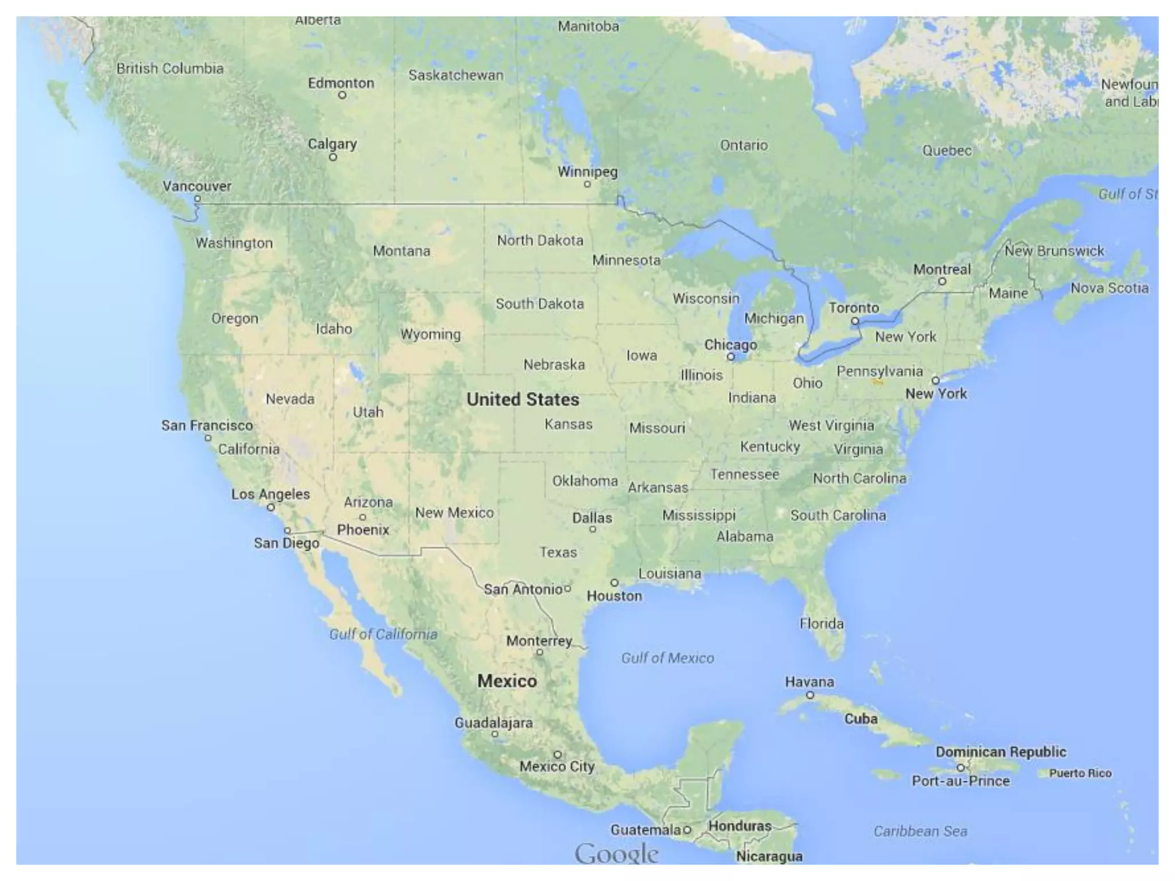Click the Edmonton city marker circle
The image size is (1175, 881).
coord(342,95)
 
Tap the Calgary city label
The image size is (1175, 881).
coord(332,143)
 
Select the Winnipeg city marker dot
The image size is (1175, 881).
coord(587,184)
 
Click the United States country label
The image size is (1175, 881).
coord(523,399)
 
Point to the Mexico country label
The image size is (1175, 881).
coord(507,681)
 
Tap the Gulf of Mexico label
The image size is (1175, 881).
coord(667,658)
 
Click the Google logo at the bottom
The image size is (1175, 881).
coord(616,854)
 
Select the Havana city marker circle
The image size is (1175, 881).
coord(810,695)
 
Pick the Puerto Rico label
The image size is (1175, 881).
coord(1080,773)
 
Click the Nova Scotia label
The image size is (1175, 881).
coord(1110,288)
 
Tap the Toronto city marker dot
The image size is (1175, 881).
coord(855,321)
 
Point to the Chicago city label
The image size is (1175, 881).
coord(730,345)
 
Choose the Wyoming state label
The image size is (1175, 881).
coord(430,334)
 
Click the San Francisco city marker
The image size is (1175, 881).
coord(208,438)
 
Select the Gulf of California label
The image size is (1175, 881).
coord(383,634)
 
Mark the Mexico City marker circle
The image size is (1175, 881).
coord(557,754)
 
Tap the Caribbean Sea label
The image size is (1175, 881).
coord(920,831)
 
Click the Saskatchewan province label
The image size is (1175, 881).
coord(456,75)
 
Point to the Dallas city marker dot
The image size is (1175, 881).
coord(593,529)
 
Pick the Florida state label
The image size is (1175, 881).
coord(822,623)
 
